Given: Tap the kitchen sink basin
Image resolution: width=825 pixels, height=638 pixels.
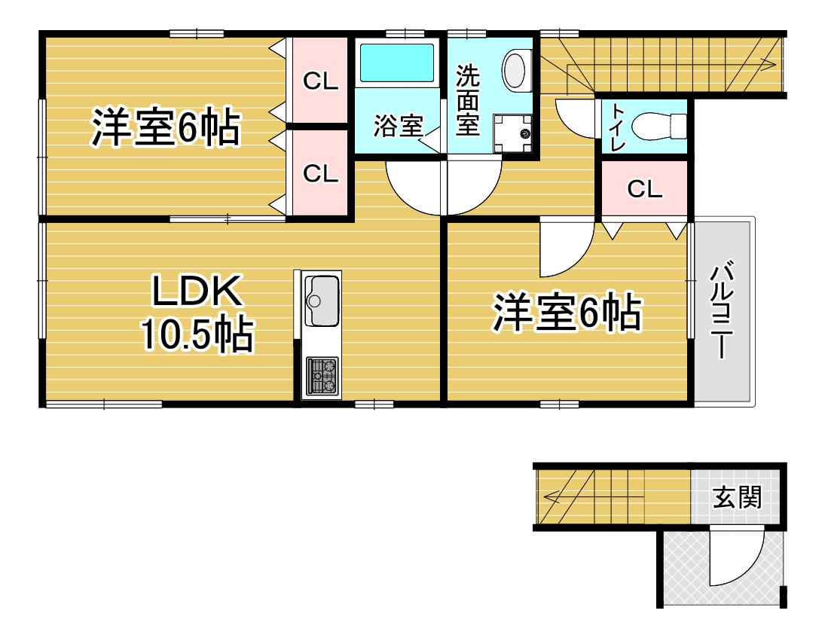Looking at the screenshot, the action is [322, 301].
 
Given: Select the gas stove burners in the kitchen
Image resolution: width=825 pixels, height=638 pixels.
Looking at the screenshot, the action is [322, 376].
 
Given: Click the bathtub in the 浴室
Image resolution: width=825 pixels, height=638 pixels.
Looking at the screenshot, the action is [397, 63].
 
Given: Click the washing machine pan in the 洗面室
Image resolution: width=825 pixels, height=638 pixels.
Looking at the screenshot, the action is [512, 133].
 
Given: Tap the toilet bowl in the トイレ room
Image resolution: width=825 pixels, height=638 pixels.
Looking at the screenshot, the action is [658, 127].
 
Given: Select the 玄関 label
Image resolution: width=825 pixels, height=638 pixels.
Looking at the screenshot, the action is [737, 498].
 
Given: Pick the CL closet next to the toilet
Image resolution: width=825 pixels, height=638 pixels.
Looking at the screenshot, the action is [644, 188].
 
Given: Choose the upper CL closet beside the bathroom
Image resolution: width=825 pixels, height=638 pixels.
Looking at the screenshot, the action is [320, 81].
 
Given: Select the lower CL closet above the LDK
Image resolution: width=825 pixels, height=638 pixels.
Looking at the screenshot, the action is [320, 173].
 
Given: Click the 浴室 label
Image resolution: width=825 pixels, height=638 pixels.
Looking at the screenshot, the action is [399, 127].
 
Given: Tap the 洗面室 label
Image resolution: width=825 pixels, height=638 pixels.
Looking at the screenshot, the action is [467, 100].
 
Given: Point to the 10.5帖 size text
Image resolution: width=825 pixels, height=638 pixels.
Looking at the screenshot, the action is [197, 334].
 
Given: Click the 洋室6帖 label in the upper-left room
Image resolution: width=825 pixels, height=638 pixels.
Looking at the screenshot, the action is [166, 127].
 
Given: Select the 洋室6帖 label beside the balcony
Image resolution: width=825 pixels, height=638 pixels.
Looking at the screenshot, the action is [567, 313].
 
